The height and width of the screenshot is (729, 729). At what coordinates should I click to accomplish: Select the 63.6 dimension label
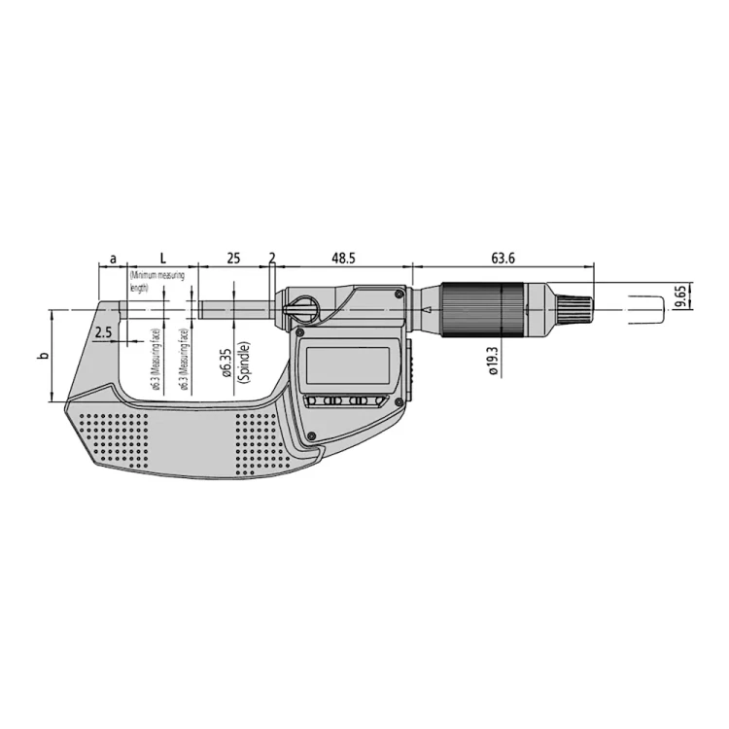pos(503,259)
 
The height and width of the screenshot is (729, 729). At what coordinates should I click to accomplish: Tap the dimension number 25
pos(233,259)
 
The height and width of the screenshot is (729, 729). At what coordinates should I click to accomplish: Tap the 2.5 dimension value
pos(104,332)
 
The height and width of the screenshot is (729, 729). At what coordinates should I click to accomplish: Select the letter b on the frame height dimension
pos(42,357)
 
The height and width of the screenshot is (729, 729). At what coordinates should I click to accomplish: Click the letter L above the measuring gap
pos(162,259)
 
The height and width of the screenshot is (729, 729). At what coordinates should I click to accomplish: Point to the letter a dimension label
pos(113,259)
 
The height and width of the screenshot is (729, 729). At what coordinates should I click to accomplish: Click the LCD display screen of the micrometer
pos(348,365)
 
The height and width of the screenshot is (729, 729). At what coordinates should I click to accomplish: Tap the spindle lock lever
pos(301,307)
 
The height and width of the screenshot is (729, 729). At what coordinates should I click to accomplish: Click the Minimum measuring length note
pos(152,282)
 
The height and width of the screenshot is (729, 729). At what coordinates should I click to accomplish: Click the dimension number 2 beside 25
pos(272,259)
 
